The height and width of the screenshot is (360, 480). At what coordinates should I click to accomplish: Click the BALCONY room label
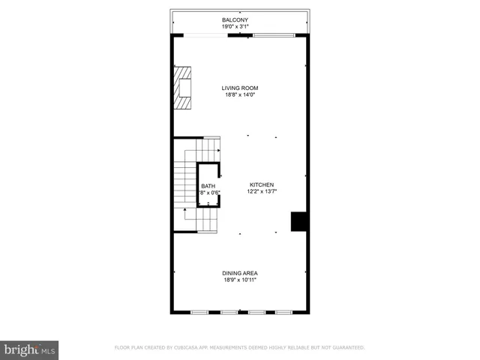[x=239, y=19]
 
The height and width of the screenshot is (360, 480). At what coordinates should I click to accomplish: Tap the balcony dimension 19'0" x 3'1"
[x=239, y=27]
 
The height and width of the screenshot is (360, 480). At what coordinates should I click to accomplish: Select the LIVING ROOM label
[x=239, y=88]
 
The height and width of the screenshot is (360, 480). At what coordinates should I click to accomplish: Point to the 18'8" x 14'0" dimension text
[x=239, y=95]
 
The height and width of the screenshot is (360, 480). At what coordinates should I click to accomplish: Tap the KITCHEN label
[x=262, y=184]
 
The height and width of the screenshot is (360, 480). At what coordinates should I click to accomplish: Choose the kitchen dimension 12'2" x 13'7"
[x=262, y=192]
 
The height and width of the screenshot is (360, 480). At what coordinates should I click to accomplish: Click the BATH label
[x=208, y=186]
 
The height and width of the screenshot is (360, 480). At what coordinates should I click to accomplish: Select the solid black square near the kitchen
[x=299, y=221]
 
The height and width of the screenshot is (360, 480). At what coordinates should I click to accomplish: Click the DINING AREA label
[x=239, y=273]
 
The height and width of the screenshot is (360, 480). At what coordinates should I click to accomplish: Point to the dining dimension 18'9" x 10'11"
[x=239, y=280]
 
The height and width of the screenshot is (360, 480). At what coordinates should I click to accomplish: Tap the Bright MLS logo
[x=29, y=349]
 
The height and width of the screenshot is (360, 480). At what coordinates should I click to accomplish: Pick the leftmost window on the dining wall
[x=199, y=311]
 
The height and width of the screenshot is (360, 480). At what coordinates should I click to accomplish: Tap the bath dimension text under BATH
[x=208, y=193]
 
